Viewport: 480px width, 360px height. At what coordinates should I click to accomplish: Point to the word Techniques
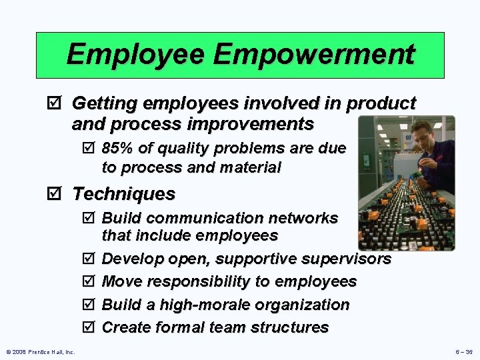pos(123,194)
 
